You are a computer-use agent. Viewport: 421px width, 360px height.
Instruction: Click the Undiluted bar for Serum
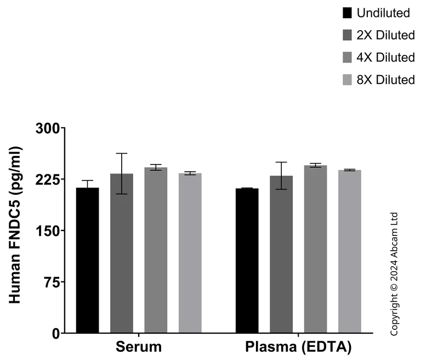88,260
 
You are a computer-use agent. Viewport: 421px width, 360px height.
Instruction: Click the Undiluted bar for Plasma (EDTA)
247,260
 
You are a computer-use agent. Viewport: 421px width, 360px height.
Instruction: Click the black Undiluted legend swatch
347,13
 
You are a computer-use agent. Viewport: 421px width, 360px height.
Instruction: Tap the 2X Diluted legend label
385,36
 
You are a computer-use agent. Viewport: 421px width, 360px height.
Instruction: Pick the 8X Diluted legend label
385,80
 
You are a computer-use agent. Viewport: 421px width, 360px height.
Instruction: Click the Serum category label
139,347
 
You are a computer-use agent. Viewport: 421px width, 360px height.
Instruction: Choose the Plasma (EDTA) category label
298,347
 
